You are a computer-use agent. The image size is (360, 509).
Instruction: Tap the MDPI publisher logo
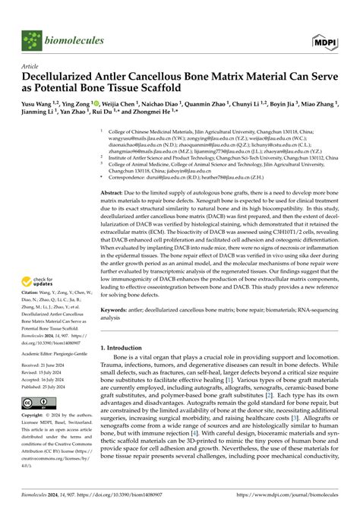[326, 41]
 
